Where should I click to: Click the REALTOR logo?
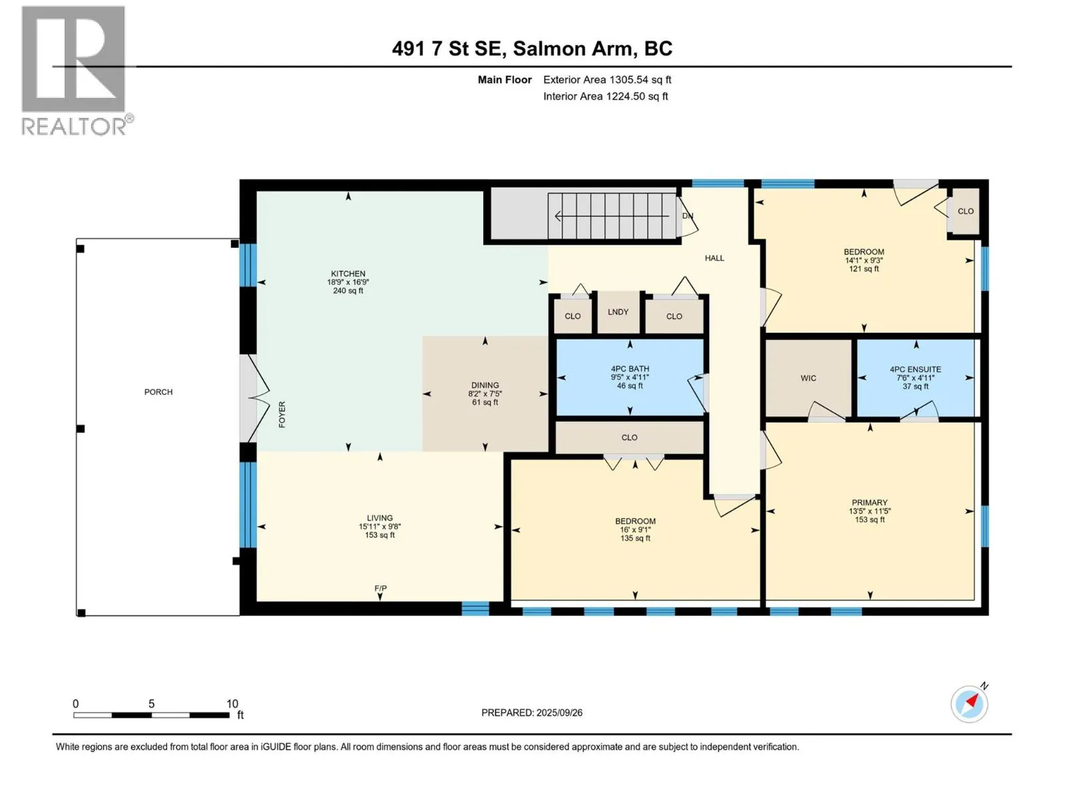[x=76, y=71]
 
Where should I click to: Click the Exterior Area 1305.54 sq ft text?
[x=607, y=79]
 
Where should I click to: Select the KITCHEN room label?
[x=348, y=274]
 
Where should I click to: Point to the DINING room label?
[x=485, y=386]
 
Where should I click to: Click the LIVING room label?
[x=380, y=518]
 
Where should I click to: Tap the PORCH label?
[x=158, y=392]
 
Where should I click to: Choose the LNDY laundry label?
[x=618, y=312]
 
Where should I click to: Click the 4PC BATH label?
[x=630, y=369]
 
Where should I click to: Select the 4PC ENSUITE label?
[x=915, y=370]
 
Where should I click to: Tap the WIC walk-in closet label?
[x=808, y=378]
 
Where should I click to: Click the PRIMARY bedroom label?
[x=869, y=503]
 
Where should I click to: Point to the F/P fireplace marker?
[x=380, y=589]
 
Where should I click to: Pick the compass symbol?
[x=969, y=703]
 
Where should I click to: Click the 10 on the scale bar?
[x=232, y=703]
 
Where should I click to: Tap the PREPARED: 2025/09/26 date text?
[x=532, y=712]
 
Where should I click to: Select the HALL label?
[x=714, y=258]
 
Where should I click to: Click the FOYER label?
[x=282, y=415]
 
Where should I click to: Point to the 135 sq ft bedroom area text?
[x=635, y=539]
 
